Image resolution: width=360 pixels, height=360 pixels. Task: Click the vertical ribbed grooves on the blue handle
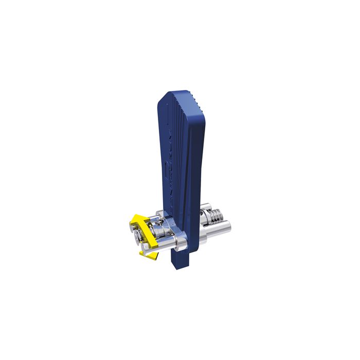[x=177, y=149]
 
